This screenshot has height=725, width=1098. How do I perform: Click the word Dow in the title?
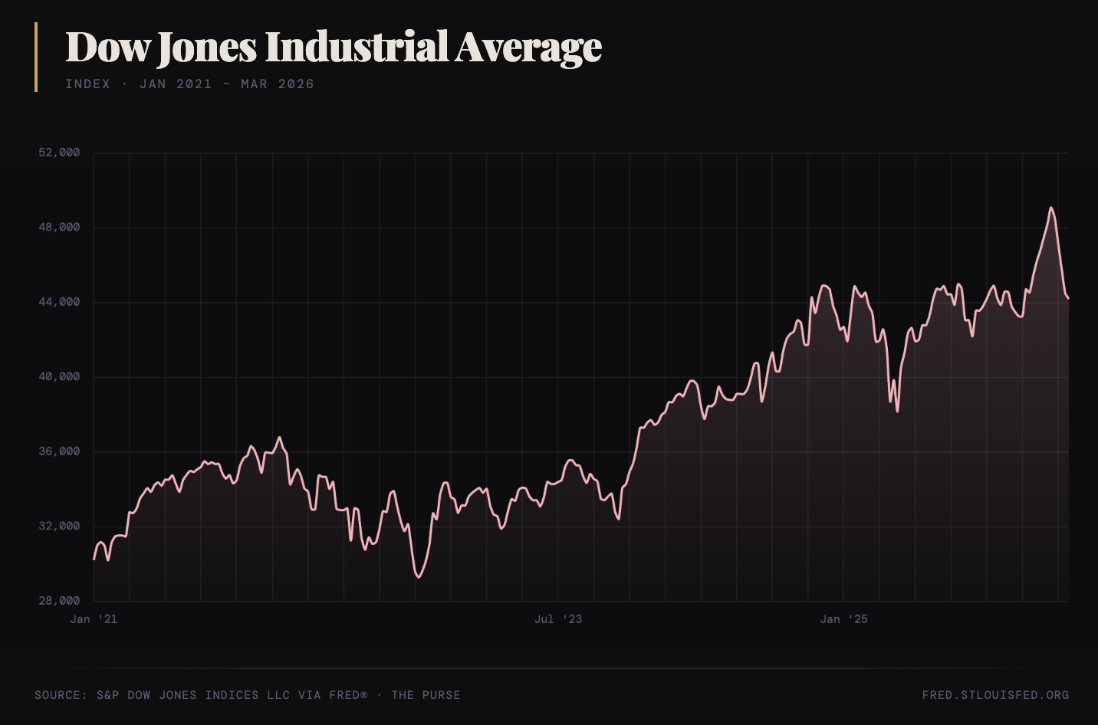click(x=107, y=48)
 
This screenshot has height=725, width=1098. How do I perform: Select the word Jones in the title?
click(x=207, y=48)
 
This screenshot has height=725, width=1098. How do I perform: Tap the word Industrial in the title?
click(x=357, y=48)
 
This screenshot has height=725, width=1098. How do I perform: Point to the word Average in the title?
click(x=528, y=48)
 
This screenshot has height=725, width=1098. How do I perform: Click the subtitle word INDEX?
click(x=87, y=84)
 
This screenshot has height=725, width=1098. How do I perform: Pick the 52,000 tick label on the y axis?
click(x=59, y=153)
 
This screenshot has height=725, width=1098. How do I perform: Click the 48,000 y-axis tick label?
click(x=59, y=228)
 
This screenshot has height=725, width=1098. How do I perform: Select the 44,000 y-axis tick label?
click(x=59, y=302)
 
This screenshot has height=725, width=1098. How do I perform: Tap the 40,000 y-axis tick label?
click(x=59, y=377)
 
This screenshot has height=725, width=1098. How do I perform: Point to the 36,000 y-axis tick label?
click(x=59, y=451)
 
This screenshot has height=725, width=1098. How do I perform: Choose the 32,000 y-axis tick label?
click(x=59, y=527)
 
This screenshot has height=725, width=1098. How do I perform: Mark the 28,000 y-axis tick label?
click(x=59, y=601)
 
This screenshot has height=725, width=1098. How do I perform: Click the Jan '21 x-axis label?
click(x=94, y=619)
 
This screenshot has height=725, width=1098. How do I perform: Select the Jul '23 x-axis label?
click(x=558, y=619)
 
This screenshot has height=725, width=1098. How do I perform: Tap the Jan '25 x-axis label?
click(x=843, y=619)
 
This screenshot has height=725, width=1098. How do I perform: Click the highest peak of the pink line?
click(x=1050, y=208)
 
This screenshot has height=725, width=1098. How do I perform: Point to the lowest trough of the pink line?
click(x=418, y=576)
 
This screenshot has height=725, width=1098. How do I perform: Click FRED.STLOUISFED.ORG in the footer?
click(x=995, y=695)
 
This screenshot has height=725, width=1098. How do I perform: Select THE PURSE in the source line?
click(x=426, y=695)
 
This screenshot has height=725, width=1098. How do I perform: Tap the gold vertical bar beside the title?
click(x=36, y=57)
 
